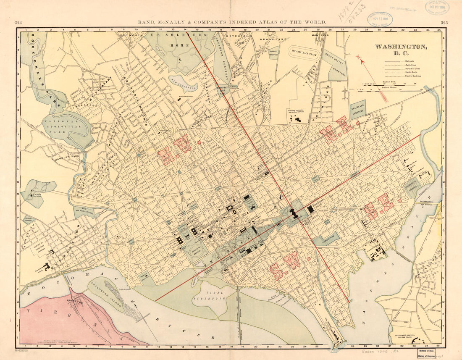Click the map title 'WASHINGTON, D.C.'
coord(401,50)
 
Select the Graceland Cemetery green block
coord(358,109)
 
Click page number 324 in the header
coord(18,22)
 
